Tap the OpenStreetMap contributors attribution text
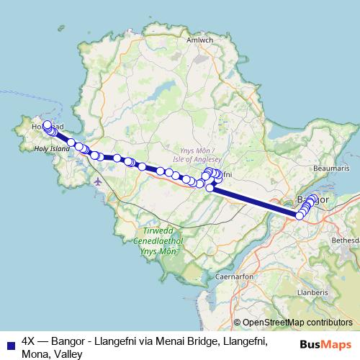[x=297, y=323]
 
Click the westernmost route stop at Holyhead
[x=47, y=124]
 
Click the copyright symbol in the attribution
[x=237, y=323]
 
